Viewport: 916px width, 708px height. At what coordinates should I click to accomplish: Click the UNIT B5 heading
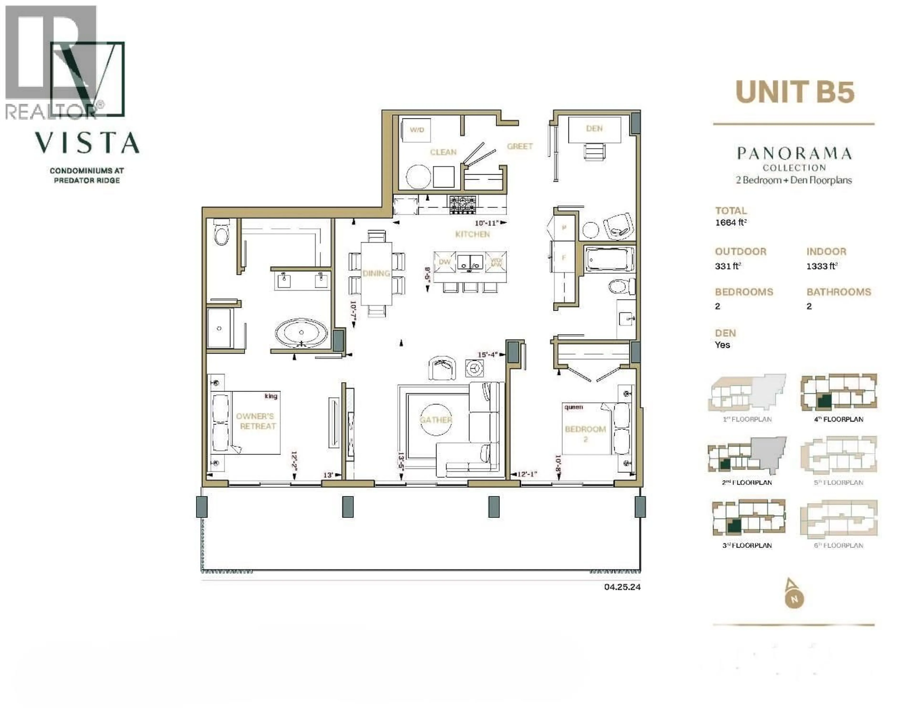[795, 91]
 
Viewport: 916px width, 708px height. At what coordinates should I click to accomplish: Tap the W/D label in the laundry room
[417, 130]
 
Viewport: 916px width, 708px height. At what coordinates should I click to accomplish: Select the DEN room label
[594, 128]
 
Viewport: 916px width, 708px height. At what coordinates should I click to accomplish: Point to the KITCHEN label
[472, 234]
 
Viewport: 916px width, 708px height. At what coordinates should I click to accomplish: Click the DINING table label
[376, 273]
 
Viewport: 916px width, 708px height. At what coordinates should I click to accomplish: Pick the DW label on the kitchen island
[445, 262]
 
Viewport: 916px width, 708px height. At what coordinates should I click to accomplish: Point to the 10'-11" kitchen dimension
[487, 223]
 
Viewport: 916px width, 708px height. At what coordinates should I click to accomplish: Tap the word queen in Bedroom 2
[573, 407]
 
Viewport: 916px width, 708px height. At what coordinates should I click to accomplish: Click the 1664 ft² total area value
[730, 222]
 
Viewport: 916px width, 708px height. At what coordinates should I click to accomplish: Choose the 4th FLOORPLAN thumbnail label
[838, 419]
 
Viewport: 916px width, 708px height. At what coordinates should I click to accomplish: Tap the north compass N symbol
[794, 599]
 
